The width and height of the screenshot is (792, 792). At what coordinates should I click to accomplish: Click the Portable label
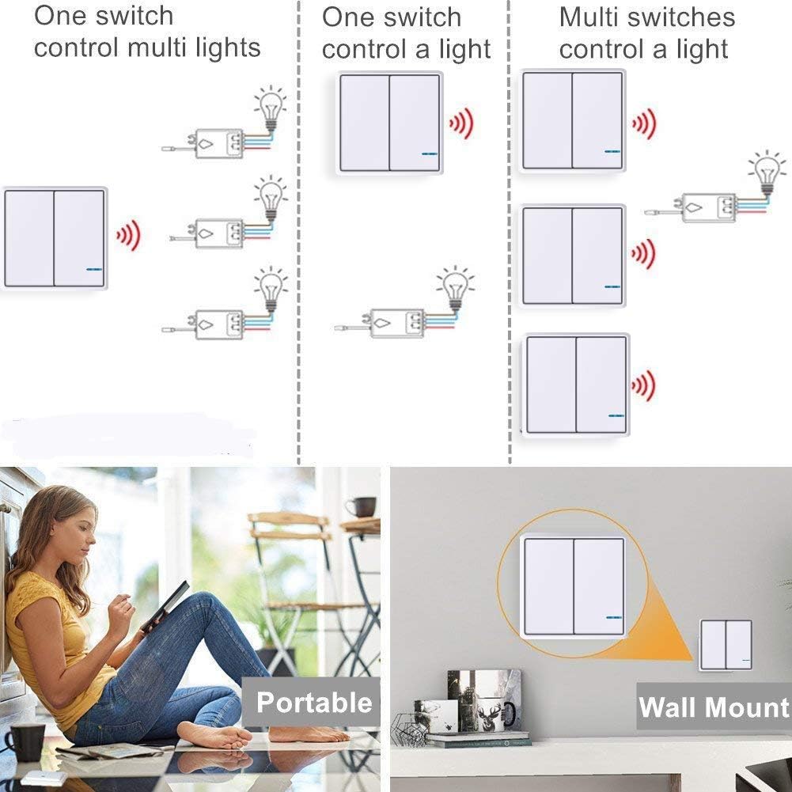click(x=314, y=703)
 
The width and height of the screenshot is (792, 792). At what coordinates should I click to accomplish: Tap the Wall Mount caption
click(x=714, y=707)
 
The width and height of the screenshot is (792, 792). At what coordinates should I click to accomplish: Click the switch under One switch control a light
click(x=390, y=123)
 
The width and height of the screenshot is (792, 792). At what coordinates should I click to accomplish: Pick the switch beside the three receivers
click(x=54, y=237)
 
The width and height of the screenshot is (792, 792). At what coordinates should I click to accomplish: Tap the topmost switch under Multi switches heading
click(x=572, y=120)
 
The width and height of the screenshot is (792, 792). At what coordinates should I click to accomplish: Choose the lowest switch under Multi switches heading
click(x=576, y=385)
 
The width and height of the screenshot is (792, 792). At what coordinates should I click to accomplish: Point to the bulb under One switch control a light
click(x=456, y=288)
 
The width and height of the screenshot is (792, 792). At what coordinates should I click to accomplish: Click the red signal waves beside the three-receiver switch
click(x=128, y=235)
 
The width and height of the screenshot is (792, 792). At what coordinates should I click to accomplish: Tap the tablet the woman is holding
click(x=165, y=606)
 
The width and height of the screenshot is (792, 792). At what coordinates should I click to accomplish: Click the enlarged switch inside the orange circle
click(x=574, y=586)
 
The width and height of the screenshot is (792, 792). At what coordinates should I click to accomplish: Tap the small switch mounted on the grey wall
click(x=726, y=645)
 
